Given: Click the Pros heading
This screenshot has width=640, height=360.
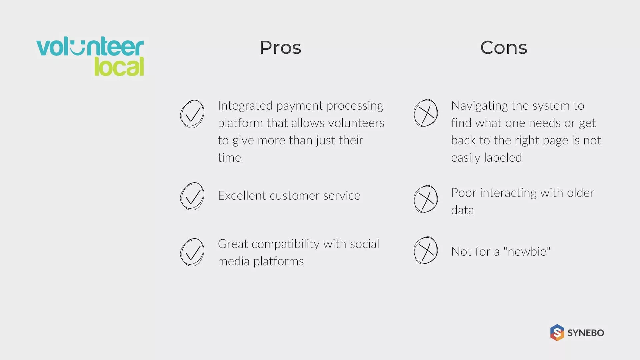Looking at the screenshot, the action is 280,47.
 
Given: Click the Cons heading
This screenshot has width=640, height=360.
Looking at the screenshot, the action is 504,47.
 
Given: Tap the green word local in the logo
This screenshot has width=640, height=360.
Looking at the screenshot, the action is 119,66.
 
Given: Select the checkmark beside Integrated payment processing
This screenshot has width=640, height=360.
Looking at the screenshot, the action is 192,114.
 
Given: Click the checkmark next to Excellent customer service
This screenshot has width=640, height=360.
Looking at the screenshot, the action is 192,196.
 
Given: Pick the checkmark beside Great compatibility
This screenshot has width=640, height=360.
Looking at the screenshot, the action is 192,252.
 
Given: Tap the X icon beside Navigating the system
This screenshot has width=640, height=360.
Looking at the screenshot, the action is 426,113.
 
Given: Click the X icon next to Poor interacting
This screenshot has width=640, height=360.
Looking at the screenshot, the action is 426,199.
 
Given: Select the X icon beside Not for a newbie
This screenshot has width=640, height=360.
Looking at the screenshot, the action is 426,250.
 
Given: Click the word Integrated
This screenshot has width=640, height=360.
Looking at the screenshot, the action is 245,106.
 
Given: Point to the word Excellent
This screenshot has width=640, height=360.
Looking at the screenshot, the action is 242,195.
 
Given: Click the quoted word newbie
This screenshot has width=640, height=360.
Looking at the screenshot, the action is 527,251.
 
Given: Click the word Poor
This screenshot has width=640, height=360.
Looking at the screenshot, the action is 464,193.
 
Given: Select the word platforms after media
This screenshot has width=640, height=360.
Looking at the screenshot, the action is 279,262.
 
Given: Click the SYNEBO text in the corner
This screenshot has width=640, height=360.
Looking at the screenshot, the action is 586,333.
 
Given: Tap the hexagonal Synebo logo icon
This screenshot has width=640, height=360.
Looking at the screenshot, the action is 557,333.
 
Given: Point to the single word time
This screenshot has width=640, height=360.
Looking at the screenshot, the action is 229,157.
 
